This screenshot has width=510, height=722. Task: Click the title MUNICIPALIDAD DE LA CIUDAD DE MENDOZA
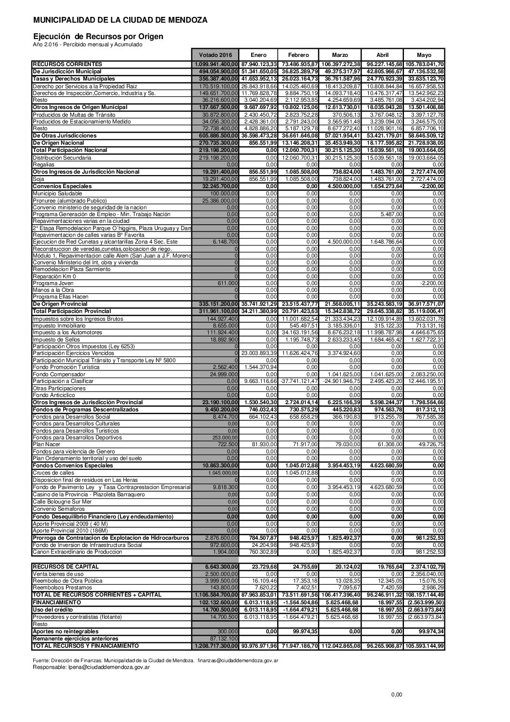(x=120, y=20)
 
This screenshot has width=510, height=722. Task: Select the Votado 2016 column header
(x=215, y=55)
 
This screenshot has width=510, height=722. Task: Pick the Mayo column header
(x=424, y=55)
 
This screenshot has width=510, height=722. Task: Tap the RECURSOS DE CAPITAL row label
(x=66, y=566)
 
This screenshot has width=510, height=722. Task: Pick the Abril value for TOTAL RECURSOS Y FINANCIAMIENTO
(x=384, y=645)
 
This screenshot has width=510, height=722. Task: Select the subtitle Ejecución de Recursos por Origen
(x=98, y=36)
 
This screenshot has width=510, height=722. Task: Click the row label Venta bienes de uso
(x=57, y=574)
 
